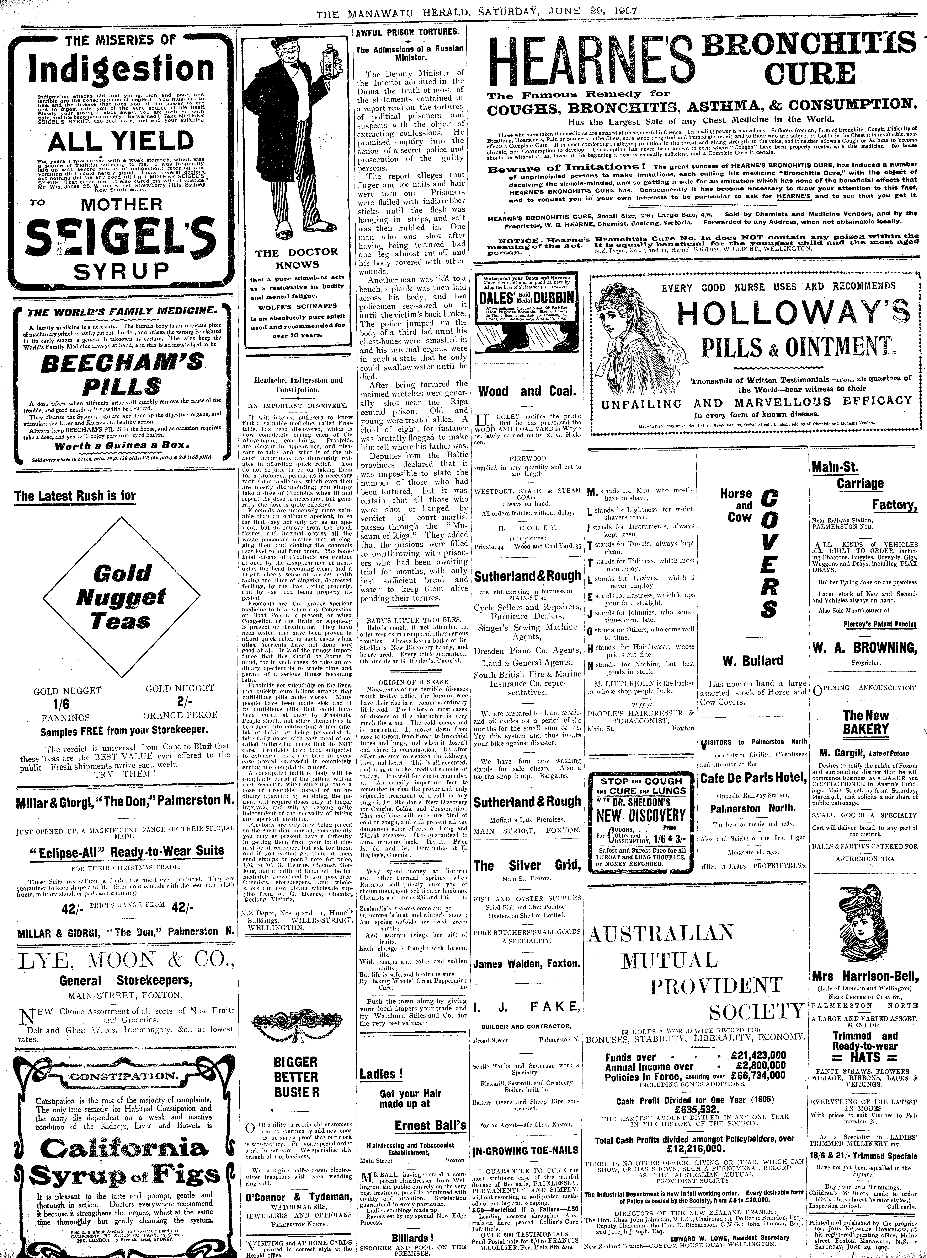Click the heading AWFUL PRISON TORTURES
[407, 33]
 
